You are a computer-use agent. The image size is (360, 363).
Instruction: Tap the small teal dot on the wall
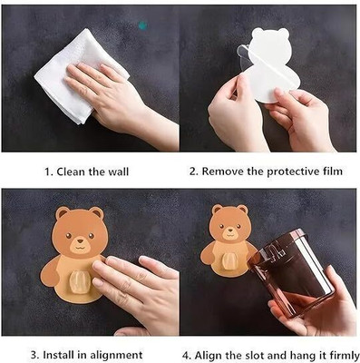[142, 25]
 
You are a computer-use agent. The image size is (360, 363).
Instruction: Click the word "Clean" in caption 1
[71, 172]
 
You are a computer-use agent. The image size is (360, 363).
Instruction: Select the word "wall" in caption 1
[119, 172]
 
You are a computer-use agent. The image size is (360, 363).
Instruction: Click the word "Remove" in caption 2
[223, 172]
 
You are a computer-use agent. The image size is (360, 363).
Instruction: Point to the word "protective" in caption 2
[293, 172]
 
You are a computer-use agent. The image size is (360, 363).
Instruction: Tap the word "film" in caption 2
[332, 172]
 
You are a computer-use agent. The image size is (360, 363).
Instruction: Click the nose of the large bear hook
[80, 241]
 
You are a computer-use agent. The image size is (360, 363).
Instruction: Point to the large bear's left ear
[63, 213]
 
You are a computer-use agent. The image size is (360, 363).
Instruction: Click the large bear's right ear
[96, 213]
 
